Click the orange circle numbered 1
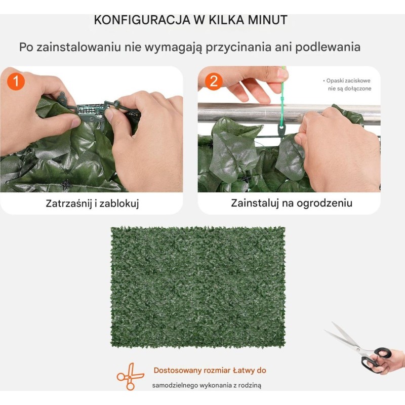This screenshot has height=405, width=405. click(x=16, y=82)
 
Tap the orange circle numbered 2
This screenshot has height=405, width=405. click(x=214, y=82)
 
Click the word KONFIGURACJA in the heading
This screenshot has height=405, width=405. click(x=142, y=20)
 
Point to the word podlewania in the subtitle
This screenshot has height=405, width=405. click(x=328, y=47)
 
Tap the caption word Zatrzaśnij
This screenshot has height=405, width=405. click(x=69, y=204)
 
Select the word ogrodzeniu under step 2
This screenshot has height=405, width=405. click(x=325, y=203)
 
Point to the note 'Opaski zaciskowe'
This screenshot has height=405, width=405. click(x=348, y=80)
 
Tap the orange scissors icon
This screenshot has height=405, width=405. click(x=130, y=376)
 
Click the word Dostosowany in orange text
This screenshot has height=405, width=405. click(x=178, y=371)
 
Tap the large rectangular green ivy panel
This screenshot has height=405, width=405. click(x=198, y=287)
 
